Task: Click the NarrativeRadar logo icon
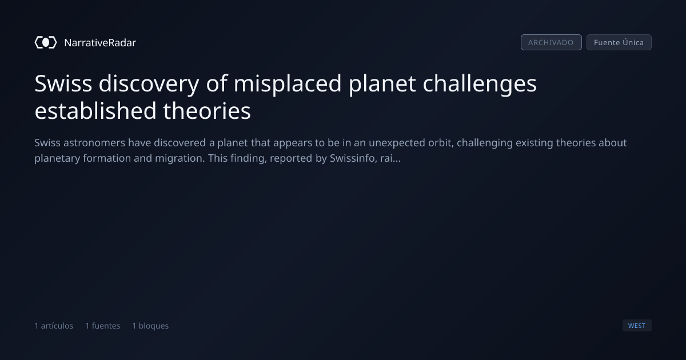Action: (46, 42)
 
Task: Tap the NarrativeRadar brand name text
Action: (100, 42)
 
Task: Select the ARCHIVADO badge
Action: (551, 42)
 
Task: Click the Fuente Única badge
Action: (619, 42)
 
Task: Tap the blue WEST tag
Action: (637, 325)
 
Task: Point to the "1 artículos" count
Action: (54, 326)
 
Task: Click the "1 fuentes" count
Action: (102, 326)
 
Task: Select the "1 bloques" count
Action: (150, 326)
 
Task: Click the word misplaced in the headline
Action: (288, 83)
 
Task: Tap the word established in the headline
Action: (95, 111)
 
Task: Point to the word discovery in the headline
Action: (149, 83)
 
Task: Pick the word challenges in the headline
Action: (480, 83)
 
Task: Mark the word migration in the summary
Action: (180, 158)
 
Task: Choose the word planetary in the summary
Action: (57, 158)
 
